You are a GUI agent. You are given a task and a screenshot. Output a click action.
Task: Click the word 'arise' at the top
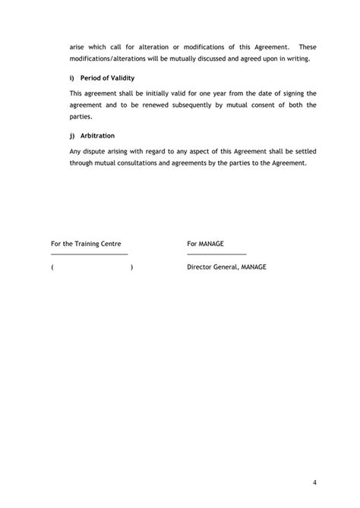[x=77, y=47]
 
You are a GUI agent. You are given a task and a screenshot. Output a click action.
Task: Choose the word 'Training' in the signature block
[x=92, y=245]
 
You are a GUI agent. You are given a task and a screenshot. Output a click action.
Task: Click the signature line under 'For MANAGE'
[x=216, y=254]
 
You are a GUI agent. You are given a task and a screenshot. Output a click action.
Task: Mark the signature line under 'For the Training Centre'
[x=89, y=254]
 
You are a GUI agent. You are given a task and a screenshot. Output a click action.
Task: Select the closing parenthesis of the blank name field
[x=131, y=267]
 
